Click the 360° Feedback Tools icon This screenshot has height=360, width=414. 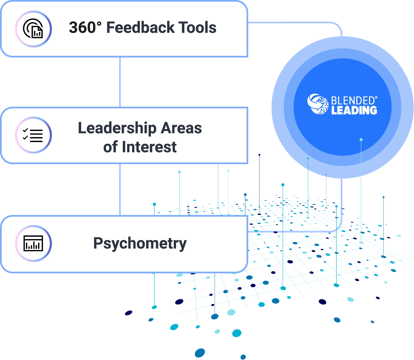pyautogui.click(x=33, y=29)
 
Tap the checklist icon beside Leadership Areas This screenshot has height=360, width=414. pyautogui.click(x=33, y=135)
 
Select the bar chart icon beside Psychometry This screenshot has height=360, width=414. pyautogui.click(x=33, y=243)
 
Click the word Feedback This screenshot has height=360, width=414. pyautogui.click(x=140, y=27)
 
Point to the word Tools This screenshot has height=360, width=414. pyautogui.click(x=197, y=27)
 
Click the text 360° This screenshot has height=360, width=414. pyautogui.click(x=85, y=27)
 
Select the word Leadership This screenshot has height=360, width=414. pyautogui.click(x=117, y=128)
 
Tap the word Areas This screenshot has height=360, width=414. pyautogui.click(x=182, y=128)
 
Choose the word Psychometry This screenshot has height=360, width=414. pyautogui.click(x=140, y=244)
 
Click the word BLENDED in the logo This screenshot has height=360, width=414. pyautogui.click(x=353, y=101)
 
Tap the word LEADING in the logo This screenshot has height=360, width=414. pyautogui.click(x=354, y=110)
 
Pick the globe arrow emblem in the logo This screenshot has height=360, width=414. pyautogui.click(x=318, y=104)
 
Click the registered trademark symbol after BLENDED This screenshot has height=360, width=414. pyautogui.click(x=376, y=98)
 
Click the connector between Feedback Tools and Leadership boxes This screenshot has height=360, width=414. pyautogui.click(x=120, y=82)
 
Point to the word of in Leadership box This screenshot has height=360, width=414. pyautogui.click(x=110, y=147)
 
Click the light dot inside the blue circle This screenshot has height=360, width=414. pyautogui.click(x=361, y=139)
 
